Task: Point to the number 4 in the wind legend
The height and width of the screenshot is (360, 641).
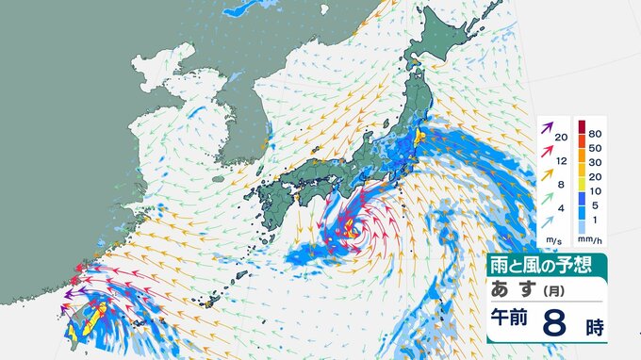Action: pyautogui.click(x=561, y=207)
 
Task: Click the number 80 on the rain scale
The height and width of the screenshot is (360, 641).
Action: pyautogui.click(x=595, y=135)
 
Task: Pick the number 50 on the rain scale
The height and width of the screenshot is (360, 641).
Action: pyautogui.click(x=595, y=149)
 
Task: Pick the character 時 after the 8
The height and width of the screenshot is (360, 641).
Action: pyautogui.click(x=594, y=329)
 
